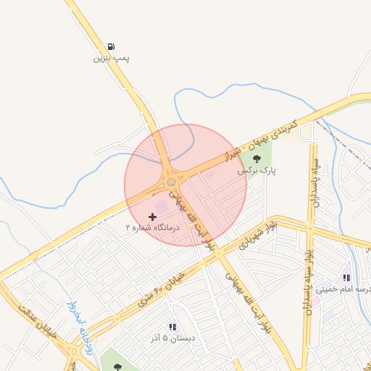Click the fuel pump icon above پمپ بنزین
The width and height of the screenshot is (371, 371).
click(x=110, y=46)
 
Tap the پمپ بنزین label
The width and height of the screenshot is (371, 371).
click(x=105, y=57)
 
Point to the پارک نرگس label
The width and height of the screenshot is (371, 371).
click(x=257, y=172)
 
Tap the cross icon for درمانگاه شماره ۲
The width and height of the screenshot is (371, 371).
click(x=151, y=217)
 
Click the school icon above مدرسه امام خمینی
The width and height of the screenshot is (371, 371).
click(x=346, y=277)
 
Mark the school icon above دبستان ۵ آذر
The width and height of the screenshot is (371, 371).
click(x=172, y=327)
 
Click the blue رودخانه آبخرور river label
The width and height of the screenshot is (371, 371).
click(x=80, y=323)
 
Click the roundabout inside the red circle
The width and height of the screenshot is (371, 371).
click(x=171, y=182)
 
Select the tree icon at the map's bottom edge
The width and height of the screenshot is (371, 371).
click(x=117, y=366)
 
